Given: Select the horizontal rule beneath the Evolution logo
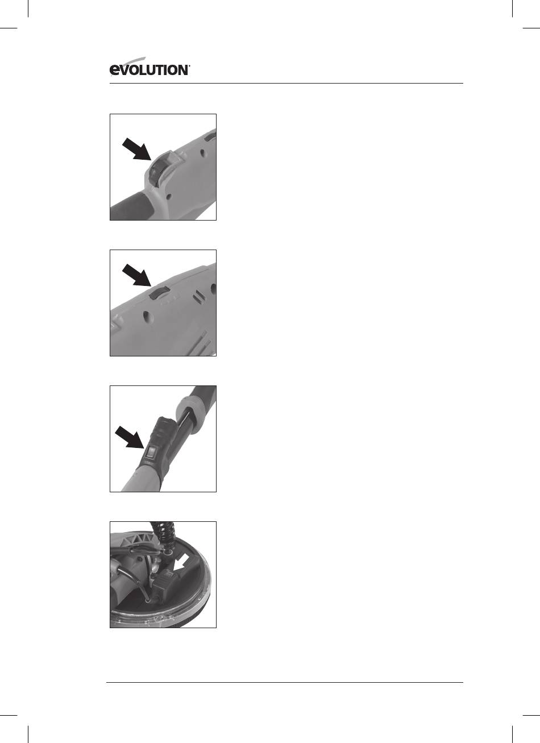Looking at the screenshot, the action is [286, 83].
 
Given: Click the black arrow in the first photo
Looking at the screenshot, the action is [136, 150].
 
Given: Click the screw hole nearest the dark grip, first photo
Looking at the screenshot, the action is [168, 196].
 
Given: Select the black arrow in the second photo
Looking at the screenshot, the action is [136, 275].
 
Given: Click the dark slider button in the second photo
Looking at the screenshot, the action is [160, 293].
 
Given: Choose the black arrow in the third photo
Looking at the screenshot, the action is [130, 438].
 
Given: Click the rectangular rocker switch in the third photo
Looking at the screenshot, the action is [151, 452].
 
